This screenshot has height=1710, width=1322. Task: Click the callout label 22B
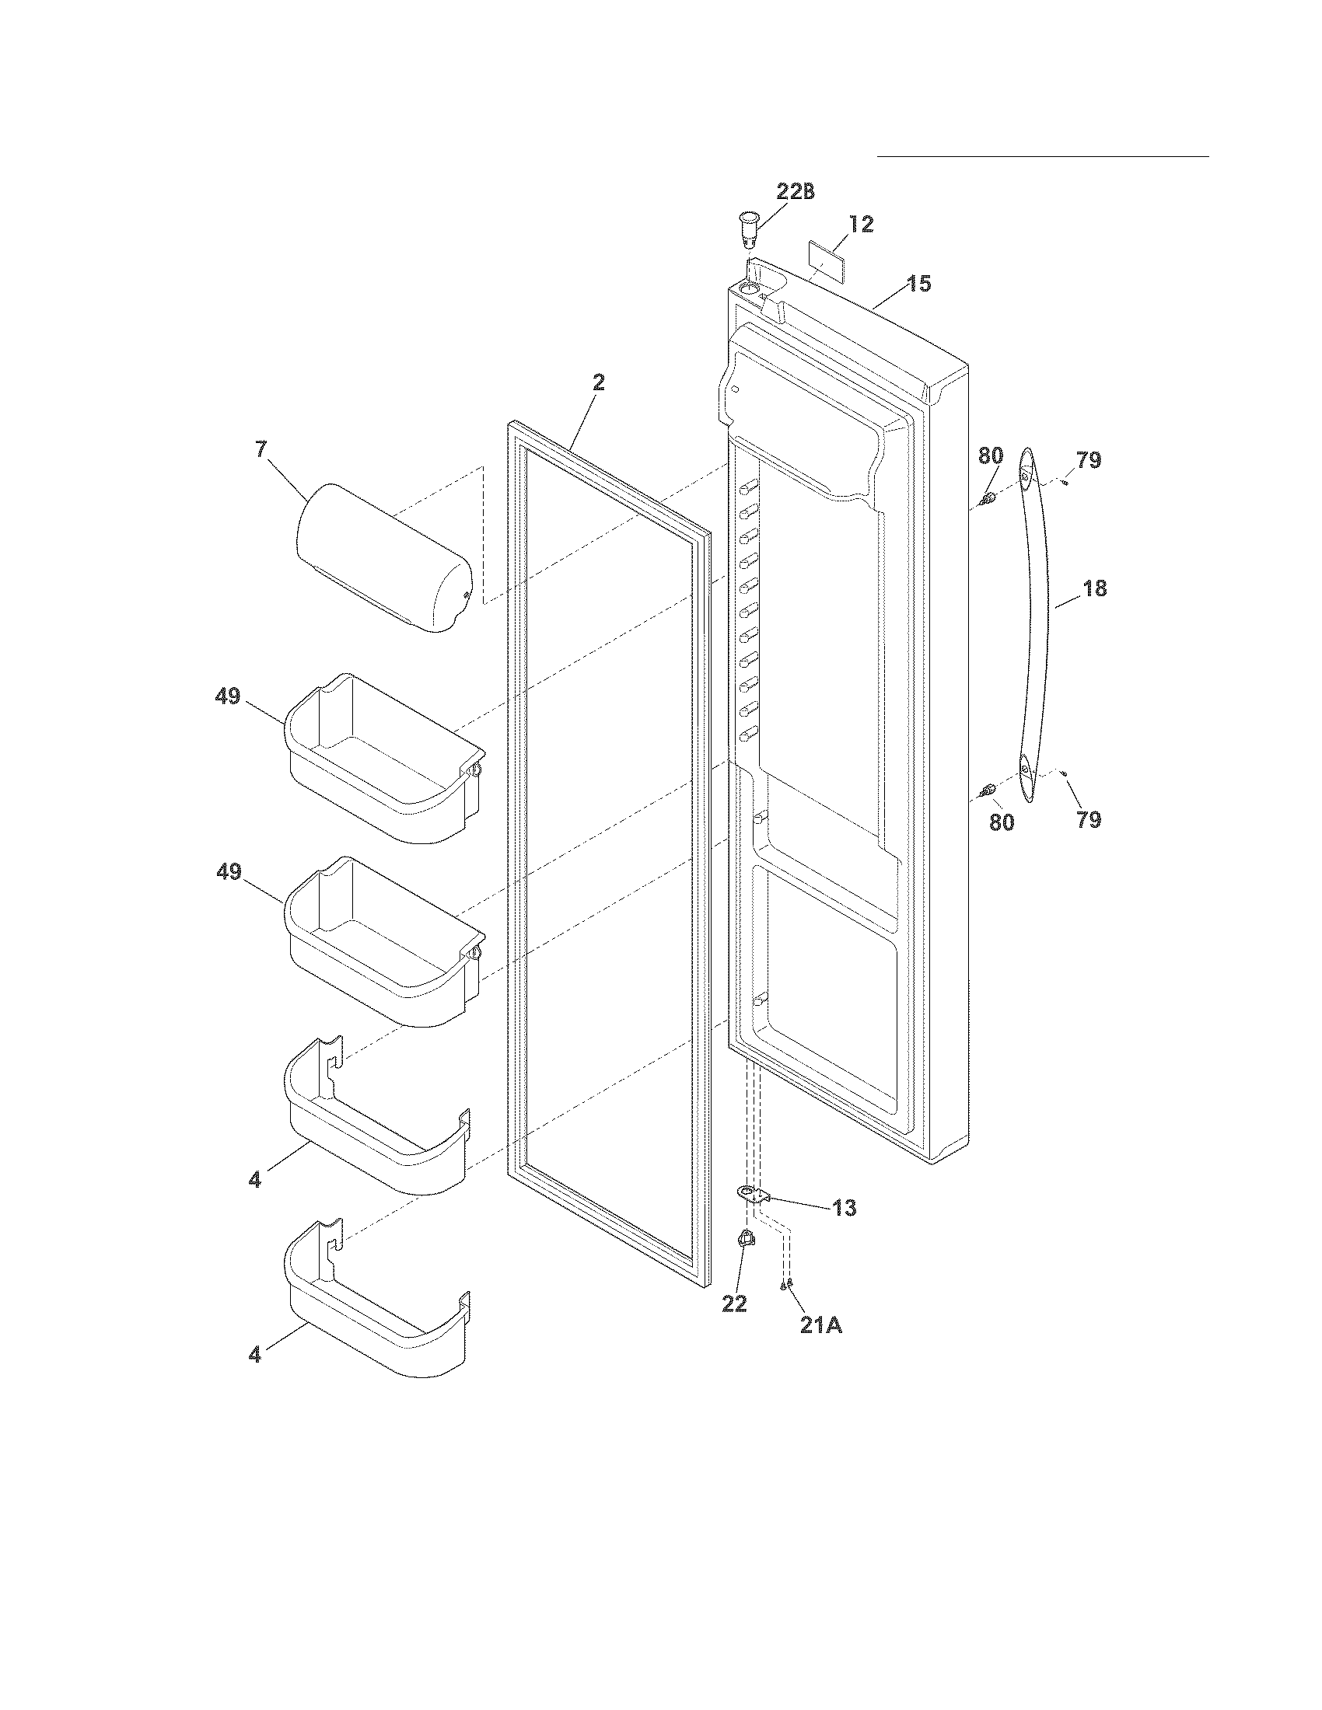(796, 192)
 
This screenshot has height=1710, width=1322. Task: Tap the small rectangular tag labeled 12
(829, 255)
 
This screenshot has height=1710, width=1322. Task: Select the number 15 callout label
(920, 284)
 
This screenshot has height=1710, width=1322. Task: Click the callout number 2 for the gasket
(598, 383)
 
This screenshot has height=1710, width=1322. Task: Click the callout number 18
(1094, 589)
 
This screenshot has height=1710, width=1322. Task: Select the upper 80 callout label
(991, 455)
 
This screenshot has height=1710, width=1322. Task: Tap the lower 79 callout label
(1089, 820)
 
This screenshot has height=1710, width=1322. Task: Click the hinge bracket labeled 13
(753, 1195)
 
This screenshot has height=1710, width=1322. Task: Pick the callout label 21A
(820, 1325)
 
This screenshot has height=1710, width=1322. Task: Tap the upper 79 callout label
(1088, 460)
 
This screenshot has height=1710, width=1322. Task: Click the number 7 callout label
(261, 449)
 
